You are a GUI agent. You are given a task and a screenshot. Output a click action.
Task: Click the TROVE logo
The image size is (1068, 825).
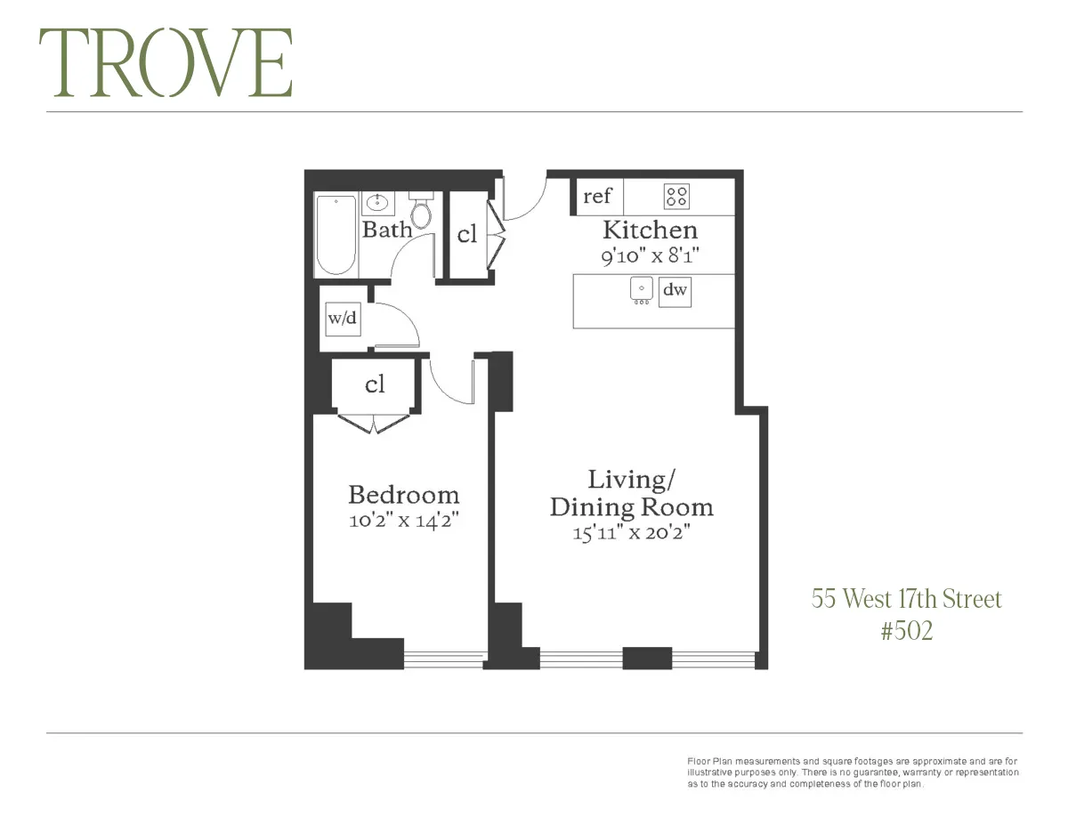[x=166, y=63]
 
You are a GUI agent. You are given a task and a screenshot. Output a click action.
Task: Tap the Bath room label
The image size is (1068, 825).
[x=387, y=230]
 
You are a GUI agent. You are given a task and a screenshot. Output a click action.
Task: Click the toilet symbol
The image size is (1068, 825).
[x=421, y=212]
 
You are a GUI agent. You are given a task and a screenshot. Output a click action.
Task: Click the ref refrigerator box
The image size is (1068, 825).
[x=597, y=197]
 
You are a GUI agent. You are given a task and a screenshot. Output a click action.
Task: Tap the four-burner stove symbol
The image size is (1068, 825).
[x=677, y=197]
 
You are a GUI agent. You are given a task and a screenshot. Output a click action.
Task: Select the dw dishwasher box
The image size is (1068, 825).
[x=675, y=290]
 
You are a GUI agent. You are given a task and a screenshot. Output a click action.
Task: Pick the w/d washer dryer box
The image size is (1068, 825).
[x=344, y=319]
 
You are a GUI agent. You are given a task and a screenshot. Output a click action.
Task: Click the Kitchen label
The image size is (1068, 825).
[x=650, y=230]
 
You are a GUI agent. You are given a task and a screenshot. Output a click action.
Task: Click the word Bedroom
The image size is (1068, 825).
[x=403, y=495]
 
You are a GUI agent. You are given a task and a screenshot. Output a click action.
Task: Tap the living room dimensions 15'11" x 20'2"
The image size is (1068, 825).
[x=632, y=535]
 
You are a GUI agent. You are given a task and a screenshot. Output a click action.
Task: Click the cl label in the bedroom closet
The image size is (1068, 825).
[x=375, y=384]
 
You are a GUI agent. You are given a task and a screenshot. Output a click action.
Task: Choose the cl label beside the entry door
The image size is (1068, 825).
[x=467, y=234]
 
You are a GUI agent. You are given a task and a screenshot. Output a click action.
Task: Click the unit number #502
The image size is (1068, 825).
[x=906, y=631]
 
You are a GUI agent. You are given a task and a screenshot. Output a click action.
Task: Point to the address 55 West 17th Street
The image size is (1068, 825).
[x=906, y=599]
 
